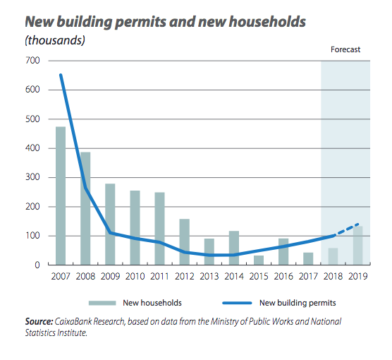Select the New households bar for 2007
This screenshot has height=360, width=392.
[61, 196]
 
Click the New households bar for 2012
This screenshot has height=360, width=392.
[185, 242]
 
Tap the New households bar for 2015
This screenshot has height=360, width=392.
[259, 260]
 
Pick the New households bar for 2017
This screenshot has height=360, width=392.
[308, 258]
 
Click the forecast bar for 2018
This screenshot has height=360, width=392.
[333, 256]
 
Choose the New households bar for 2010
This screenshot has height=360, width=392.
[135, 227]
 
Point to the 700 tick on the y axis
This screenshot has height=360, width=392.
[32, 61]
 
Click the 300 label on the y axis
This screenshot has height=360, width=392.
[32, 177]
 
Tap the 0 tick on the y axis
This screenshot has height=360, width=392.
[37, 265]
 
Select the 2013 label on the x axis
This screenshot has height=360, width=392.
[209, 277]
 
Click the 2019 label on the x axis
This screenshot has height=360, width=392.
[357, 277]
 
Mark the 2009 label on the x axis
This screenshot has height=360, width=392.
[110, 277]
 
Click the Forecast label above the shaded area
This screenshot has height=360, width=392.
[345, 49]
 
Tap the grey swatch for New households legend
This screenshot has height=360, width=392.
[102, 303]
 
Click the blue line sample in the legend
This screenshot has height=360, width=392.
[237, 303]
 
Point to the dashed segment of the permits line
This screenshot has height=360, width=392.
[346, 229]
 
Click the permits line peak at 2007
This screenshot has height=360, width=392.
[61, 75]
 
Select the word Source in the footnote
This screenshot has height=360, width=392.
[39, 321]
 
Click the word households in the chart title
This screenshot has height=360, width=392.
[267, 22]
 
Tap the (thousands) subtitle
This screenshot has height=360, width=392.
[55, 40]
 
